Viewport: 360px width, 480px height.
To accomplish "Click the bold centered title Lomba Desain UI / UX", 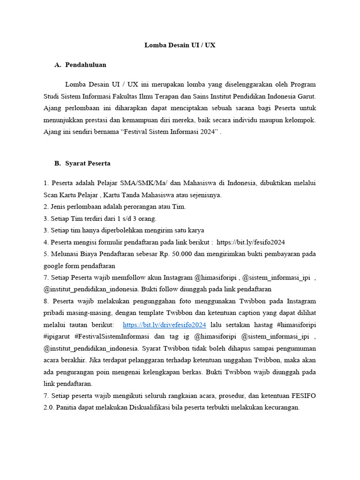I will [x=180, y=45].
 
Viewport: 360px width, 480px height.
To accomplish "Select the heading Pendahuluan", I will [x=86, y=65].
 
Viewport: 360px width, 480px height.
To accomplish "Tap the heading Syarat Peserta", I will [x=88, y=164].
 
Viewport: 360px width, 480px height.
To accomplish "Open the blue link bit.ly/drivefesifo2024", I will [x=165, y=325].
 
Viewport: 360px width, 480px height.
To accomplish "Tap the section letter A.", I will [x=58, y=65].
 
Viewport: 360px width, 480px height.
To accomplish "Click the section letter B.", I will [x=58, y=164].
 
